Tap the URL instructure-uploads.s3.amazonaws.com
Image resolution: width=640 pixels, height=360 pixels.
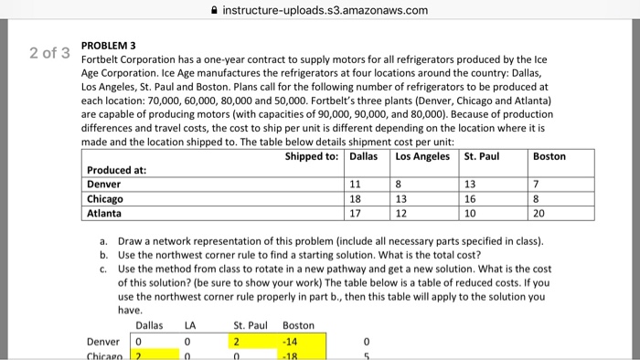(x=325, y=10)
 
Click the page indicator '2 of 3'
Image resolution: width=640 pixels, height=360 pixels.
(x=48, y=53)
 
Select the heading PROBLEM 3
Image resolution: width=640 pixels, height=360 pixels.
(x=108, y=44)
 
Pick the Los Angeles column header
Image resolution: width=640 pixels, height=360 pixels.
(x=422, y=156)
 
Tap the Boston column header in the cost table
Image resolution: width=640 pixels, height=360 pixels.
(x=549, y=156)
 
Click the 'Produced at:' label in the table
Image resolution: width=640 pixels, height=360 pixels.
(x=116, y=170)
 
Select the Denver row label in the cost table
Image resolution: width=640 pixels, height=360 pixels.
(x=105, y=185)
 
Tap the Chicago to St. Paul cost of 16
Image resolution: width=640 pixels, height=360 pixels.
(x=471, y=199)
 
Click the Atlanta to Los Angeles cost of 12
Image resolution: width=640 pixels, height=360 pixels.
(x=400, y=214)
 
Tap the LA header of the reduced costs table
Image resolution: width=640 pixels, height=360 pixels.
(x=190, y=325)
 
